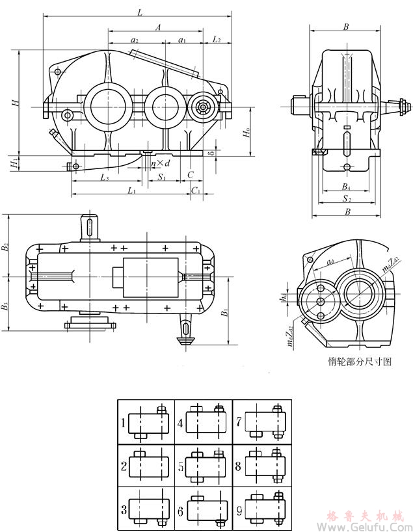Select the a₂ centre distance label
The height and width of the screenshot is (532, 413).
pos(134,40)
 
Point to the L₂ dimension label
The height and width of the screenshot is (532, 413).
pos(217,40)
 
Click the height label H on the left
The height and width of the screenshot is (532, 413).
pos(14,103)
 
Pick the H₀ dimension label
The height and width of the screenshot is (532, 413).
pos(246,133)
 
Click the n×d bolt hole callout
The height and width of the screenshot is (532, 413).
pos(160,163)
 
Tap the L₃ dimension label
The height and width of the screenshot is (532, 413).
pos(105,177)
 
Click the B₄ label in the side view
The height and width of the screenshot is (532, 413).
pos(347,187)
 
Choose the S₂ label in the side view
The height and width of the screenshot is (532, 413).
pos(347,200)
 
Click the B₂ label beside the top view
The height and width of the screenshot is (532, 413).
pos(6,247)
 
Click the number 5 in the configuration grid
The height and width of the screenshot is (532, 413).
pos(181,466)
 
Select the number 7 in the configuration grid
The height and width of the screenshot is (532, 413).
pos(239,422)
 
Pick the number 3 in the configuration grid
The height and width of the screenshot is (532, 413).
pos(123,509)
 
